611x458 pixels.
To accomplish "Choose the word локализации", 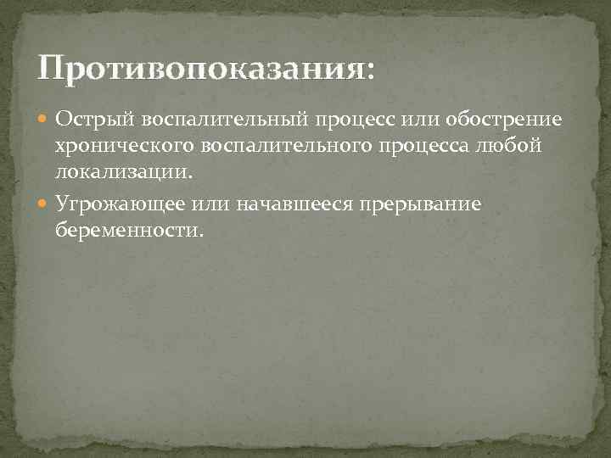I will (x=121, y=172).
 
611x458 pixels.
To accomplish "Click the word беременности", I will (x=126, y=230).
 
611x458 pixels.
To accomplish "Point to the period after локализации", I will (x=191, y=177).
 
